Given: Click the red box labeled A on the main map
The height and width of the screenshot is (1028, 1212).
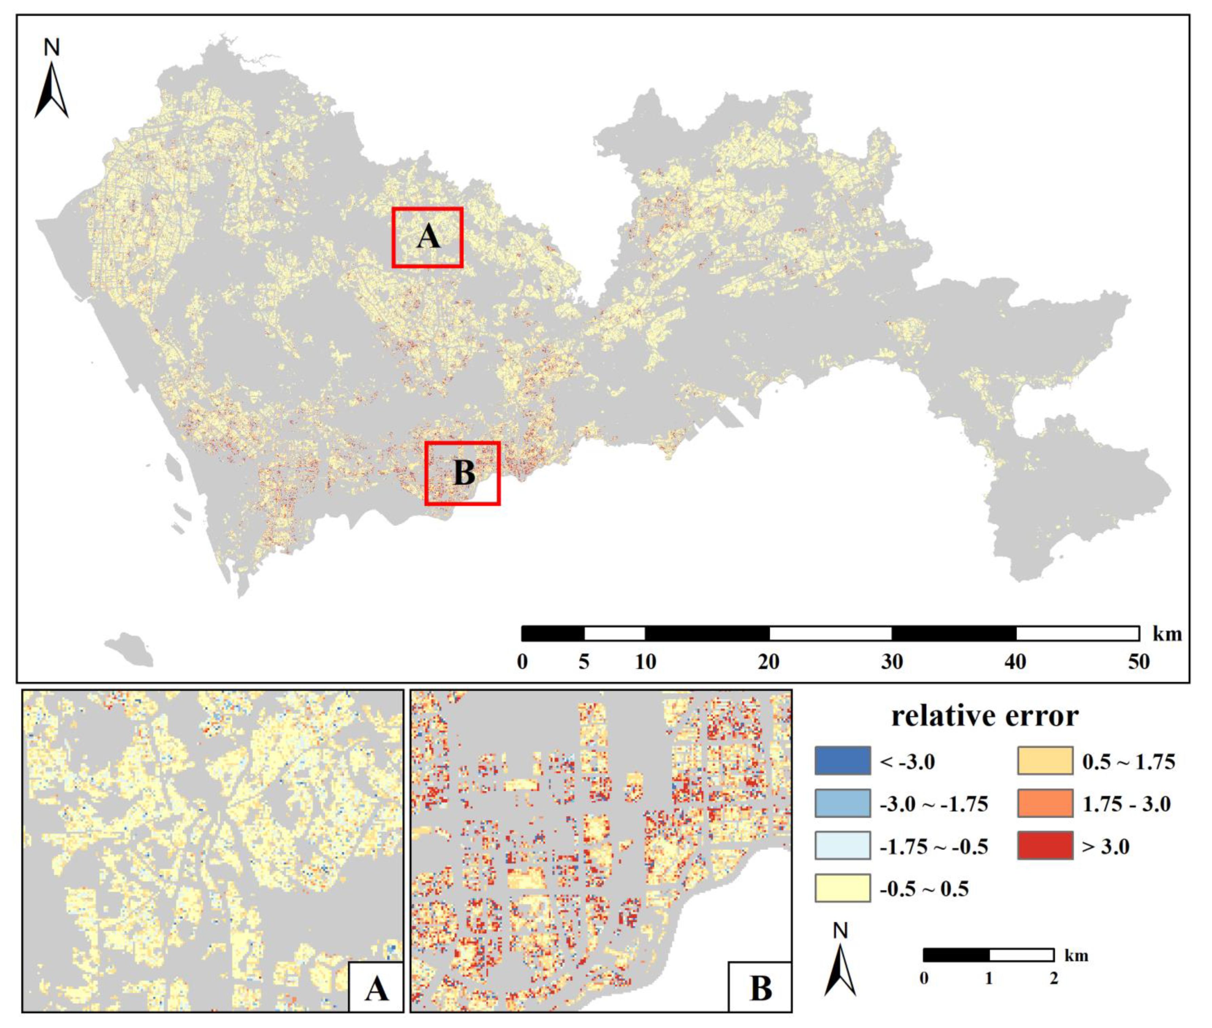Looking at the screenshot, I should [x=427, y=237].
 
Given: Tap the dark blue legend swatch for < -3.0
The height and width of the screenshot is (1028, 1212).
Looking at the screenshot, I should [x=842, y=760].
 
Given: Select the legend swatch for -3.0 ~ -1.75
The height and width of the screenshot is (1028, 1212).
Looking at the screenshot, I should [x=842, y=804].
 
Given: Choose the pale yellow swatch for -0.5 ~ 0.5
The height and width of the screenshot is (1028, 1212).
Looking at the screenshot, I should [x=842, y=888].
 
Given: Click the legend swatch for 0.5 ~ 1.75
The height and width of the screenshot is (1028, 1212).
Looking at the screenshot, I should [x=1045, y=760].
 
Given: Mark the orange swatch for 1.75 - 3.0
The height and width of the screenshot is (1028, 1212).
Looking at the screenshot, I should [x=1045, y=804].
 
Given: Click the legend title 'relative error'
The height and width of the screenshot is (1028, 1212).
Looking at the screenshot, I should [x=985, y=716].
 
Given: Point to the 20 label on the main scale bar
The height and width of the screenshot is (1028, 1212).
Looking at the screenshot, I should [x=768, y=662].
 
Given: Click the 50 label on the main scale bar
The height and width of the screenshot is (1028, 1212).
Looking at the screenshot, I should [x=1138, y=662].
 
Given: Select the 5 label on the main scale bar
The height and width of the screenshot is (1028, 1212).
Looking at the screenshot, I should [x=583, y=662].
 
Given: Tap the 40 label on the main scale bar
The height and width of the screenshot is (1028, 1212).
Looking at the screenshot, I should [x=1016, y=662].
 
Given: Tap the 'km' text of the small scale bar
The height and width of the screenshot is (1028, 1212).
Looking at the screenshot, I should [x=1076, y=956].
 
